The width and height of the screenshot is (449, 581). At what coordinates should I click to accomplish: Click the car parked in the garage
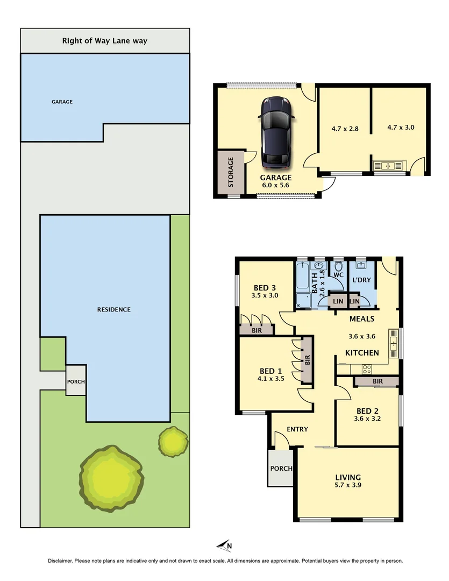(x=275, y=132)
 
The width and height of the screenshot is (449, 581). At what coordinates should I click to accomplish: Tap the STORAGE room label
(x=231, y=172)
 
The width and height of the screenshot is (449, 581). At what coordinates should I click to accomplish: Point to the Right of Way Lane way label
(x=105, y=40)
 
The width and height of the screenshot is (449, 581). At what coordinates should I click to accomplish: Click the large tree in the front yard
(x=112, y=478)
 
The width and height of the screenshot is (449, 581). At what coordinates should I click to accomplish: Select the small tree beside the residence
(x=173, y=441)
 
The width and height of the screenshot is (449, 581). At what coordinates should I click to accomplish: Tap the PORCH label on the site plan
(x=75, y=382)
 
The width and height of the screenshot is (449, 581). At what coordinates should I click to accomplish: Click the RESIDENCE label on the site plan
(x=113, y=309)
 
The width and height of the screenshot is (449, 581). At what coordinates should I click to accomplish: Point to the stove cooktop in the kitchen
(x=367, y=369)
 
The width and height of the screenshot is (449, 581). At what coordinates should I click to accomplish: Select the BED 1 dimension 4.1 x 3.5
(x=271, y=379)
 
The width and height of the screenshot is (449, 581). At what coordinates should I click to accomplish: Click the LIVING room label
(x=348, y=477)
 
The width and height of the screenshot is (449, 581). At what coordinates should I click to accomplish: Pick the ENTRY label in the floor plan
(x=297, y=429)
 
